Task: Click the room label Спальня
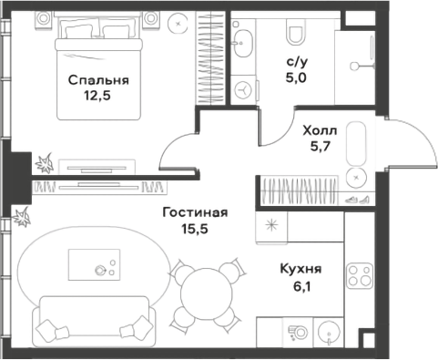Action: (x=98, y=80)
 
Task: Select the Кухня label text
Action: (x=298, y=269)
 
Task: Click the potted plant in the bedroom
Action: (x=43, y=164)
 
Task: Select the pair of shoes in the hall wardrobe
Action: (x=356, y=199)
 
